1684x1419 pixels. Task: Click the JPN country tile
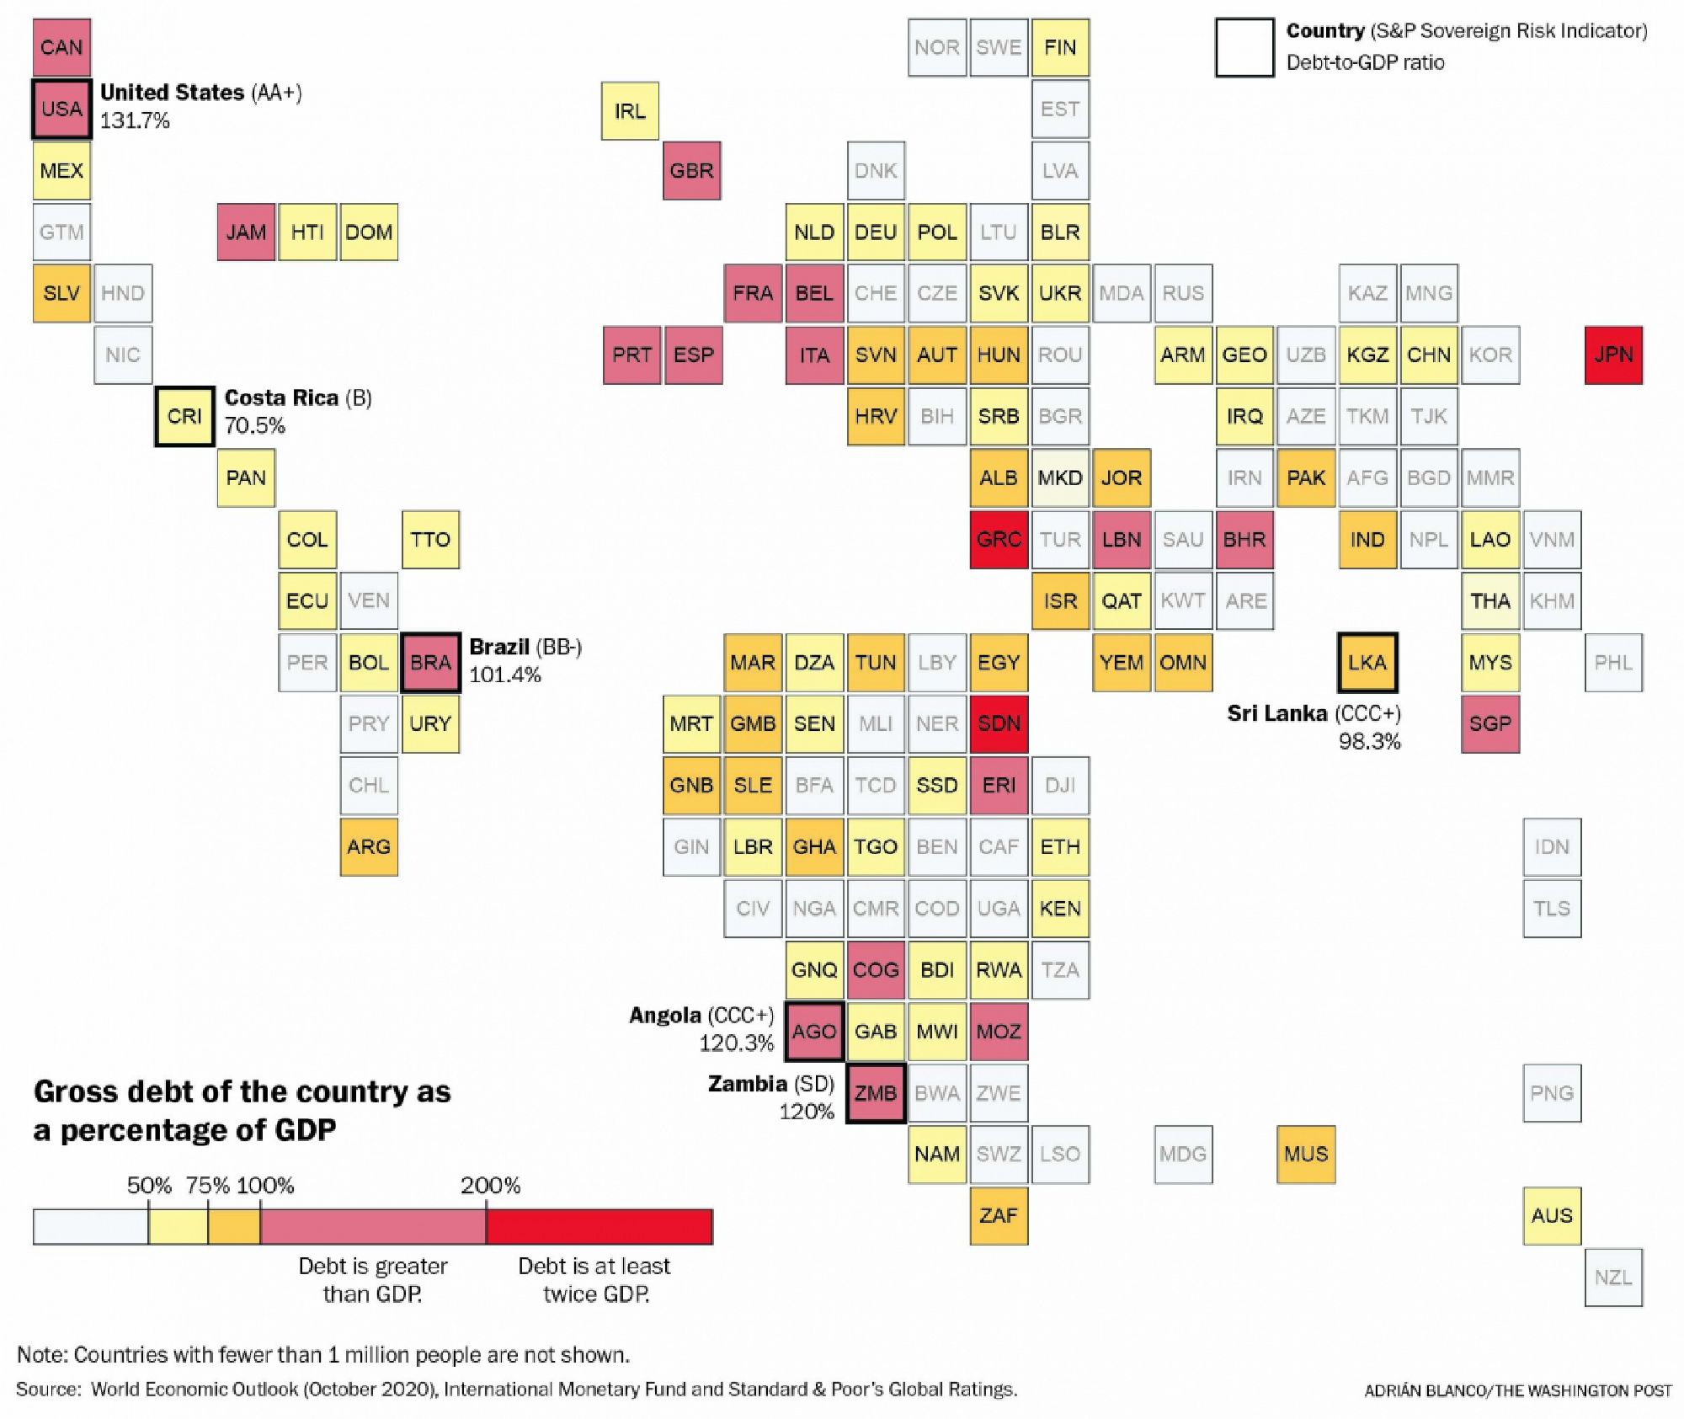pyautogui.click(x=1612, y=355)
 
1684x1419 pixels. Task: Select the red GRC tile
pyautogui.click(x=998, y=539)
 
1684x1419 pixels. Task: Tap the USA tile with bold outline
pyautogui.click(x=61, y=109)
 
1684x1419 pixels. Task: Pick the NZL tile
pyautogui.click(x=1612, y=1277)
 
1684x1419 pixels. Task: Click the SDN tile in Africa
pyautogui.click(x=998, y=723)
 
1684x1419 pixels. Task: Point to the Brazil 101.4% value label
pyautogui.click(x=504, y=675)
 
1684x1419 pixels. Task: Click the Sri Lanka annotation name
pyautogui.click(x=1276, y=713)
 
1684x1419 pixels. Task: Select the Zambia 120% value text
pyautogui.click(x=806, y=1112)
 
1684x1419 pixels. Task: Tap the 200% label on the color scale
pyautogui.click(x=490, y=1186)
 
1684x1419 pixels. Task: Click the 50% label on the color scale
pyautogui.click(x=149, y=1186)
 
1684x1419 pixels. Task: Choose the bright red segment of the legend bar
pyautogui.click(x=599, y=1226)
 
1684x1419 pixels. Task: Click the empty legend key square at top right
pyautogui.click(x=1244, y=48)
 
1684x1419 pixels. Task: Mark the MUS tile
pyautogui.click(x=1305, y=1154)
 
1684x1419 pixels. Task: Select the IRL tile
pyautogui.click(x=629, y=110)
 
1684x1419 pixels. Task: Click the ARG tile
pyautogui.click(x=368, y=846)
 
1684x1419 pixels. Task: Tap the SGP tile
pyautogui.click(x=1489, y=723)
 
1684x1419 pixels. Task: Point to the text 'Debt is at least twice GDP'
pyautogui.click(x=594, y=1279)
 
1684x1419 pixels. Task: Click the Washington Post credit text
pyautogui.click(x=1517, y=1390)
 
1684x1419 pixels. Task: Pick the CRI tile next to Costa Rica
pyautogui.click(x=184, y=416)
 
